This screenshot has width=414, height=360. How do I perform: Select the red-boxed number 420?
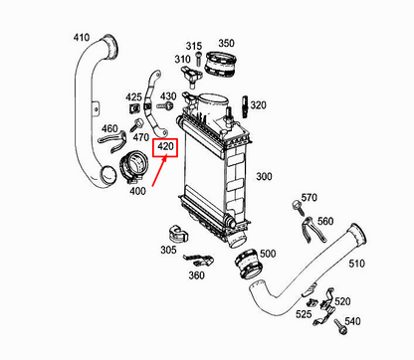coord(165,146)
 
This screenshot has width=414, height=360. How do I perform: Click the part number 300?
coord(265,176)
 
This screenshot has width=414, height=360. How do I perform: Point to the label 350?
coord(227,44)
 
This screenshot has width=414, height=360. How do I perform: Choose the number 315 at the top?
coord(193,46)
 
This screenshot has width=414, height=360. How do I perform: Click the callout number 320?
coord(259,104)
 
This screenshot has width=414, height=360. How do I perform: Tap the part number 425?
coord(133,97)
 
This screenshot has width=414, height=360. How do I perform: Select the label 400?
coord(137,191)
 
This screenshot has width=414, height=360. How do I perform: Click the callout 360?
coord(196,275)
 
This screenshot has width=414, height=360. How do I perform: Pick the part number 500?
coord(267,255)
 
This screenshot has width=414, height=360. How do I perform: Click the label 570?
coord(309,198)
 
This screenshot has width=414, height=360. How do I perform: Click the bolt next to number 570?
coord(297,208)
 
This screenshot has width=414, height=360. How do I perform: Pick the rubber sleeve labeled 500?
coord(244,266)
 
